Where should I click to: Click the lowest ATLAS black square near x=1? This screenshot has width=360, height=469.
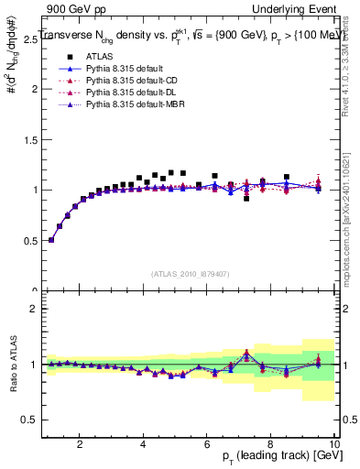coord(51,240)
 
